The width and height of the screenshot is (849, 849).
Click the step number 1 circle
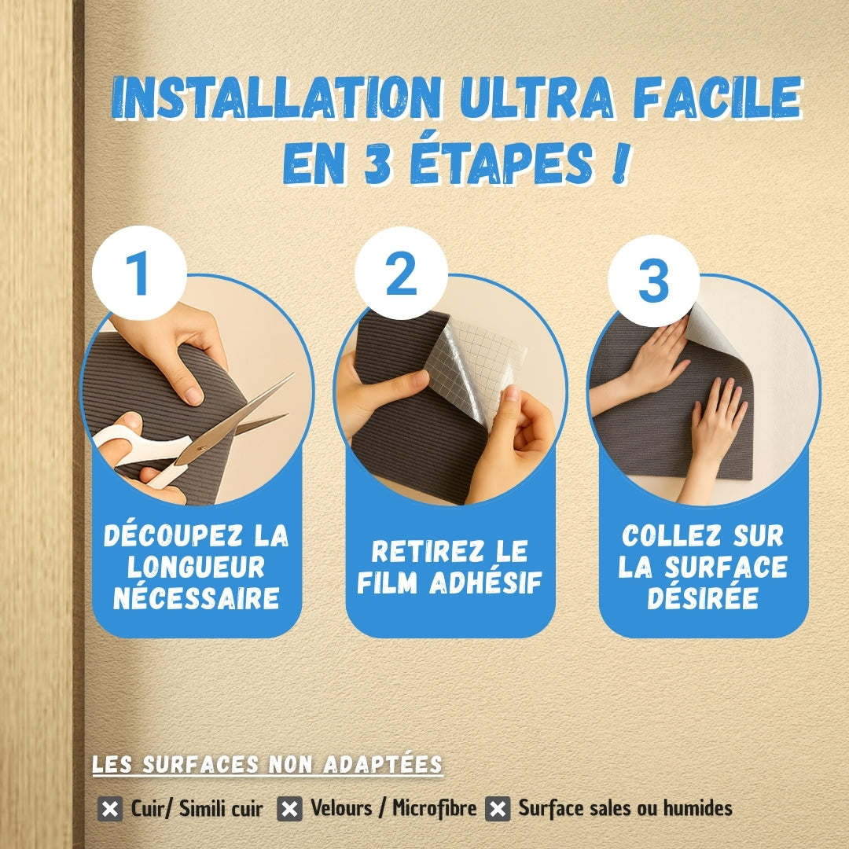(x=139, y=273)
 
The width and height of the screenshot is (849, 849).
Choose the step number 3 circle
(x=653, y=281)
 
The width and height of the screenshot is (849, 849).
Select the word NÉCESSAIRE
(x=196, y=598)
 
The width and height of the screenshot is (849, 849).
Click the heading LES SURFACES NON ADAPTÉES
(x=267, y=765)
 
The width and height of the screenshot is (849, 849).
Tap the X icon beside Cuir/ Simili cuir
(x=109, y=809)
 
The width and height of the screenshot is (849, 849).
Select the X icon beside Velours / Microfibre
(x=290, y=809)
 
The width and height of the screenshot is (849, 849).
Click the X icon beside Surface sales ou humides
(x=498, y=809)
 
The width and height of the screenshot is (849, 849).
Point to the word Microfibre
(x=435, y=808)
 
